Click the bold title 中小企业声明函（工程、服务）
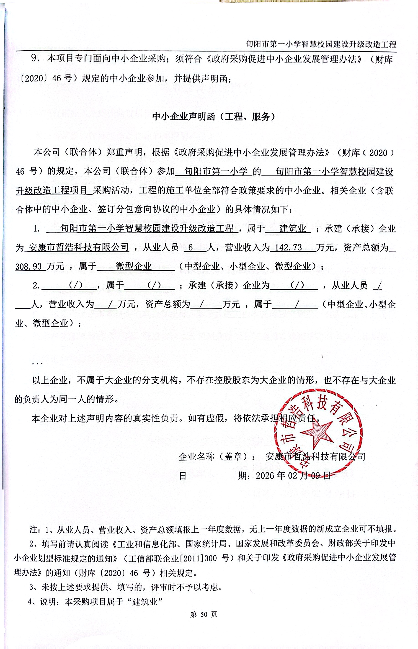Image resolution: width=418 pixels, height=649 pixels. click(x=214, y=116)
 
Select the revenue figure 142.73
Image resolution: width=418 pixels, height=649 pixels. click(x=288, y=247)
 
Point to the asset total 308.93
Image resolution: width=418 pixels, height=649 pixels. click(x=28, y=266)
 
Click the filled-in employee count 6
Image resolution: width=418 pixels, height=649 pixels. click(x=191, y=247)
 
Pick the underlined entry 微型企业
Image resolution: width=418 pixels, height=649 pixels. click(x=134, y=266)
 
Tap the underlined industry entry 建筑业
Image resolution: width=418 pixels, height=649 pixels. click(x=293, y=229)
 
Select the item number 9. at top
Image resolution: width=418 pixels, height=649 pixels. click(x=35, y=58)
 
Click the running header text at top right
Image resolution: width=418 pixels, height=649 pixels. click(x=321, y=44)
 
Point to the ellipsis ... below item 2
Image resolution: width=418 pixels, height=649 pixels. click(x=37, y=363)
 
